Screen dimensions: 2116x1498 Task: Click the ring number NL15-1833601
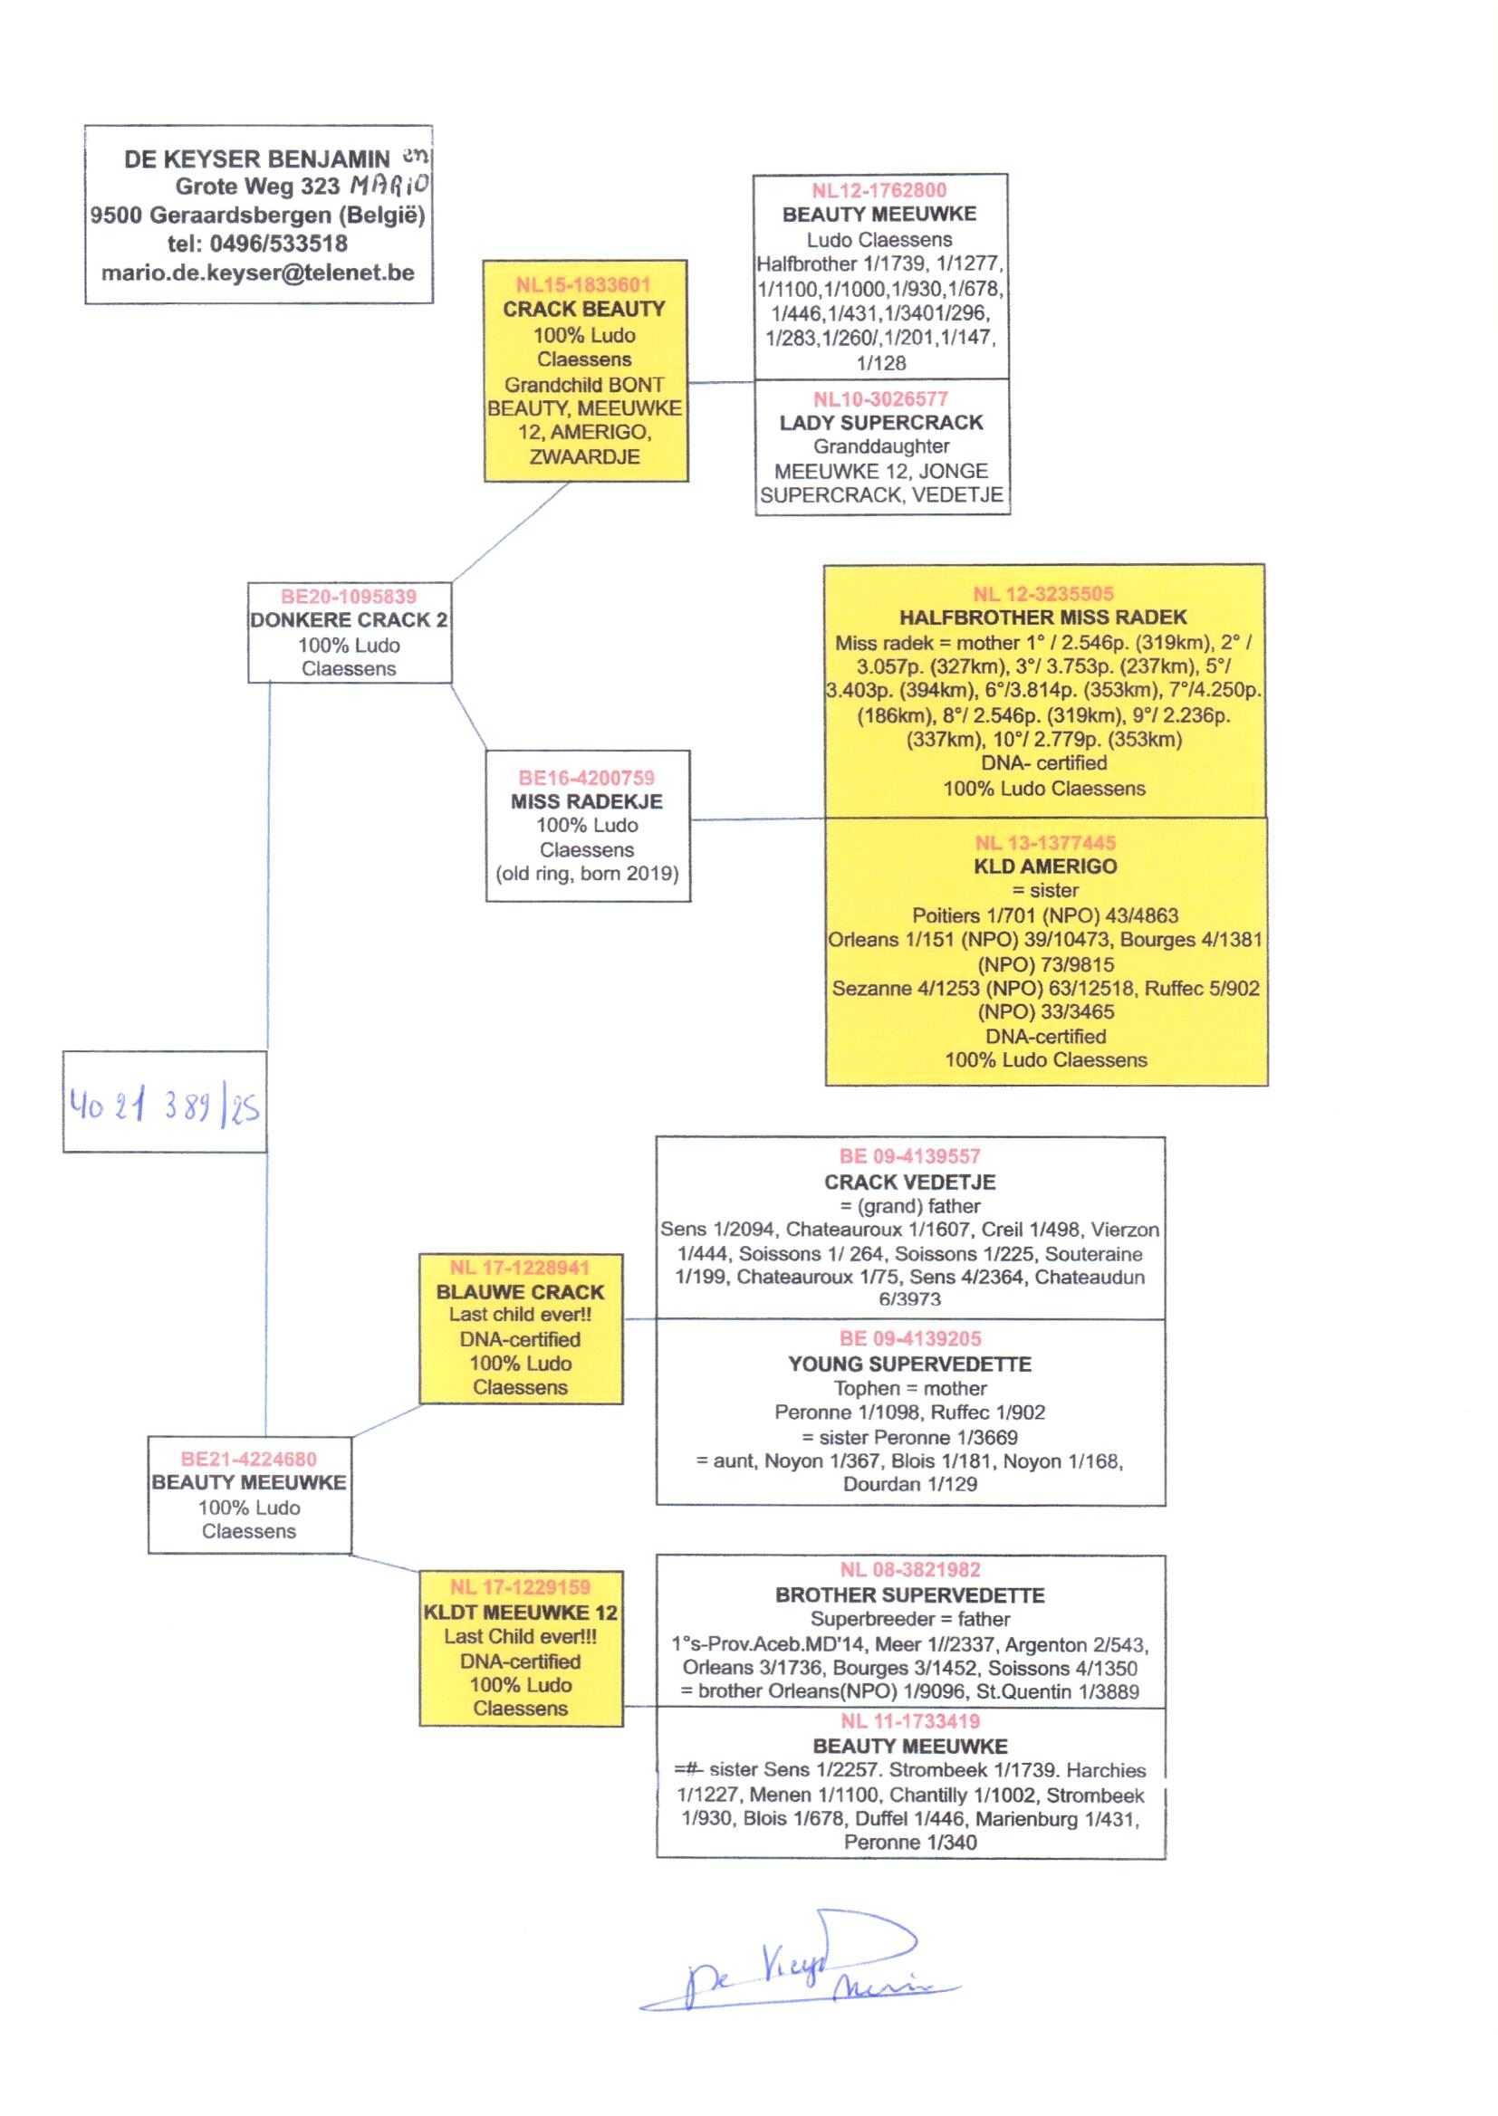point(583,285)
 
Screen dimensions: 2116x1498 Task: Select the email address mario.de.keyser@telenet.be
point(257,273)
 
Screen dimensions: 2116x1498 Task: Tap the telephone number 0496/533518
point(279,244)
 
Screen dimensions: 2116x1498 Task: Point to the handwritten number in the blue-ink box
point(164,1105)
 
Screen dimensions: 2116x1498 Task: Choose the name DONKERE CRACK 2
point(349,619)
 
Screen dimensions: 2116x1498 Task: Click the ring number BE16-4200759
point(587,778)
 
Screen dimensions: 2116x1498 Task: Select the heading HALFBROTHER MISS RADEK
point(1043,618)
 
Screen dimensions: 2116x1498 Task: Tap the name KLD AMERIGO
point(1045,867)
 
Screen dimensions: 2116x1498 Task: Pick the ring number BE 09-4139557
point(909,1157)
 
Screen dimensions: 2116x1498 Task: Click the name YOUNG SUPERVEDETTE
point(909,1364)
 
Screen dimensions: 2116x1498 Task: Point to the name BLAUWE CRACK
point(520,1292)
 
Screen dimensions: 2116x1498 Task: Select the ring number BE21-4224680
point(249,1459)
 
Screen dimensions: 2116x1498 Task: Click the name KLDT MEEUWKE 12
point(520,1613)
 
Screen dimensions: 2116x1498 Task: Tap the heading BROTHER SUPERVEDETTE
point(909,1595)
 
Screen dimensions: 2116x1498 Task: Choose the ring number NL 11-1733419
point(909,1721)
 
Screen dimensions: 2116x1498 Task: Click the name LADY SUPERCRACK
point(881,423)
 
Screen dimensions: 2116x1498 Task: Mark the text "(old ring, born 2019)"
point(588,874)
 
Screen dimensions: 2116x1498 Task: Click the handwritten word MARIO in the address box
point(389,186)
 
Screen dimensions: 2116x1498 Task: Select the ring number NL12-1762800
point(879,191)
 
